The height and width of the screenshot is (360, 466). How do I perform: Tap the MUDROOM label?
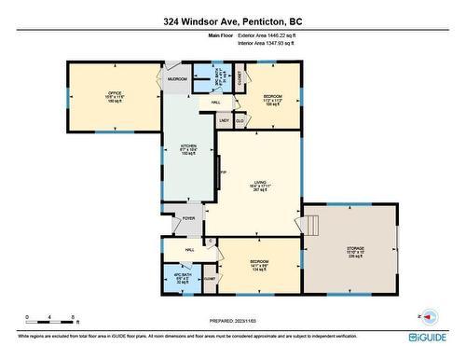(x=177, y=79)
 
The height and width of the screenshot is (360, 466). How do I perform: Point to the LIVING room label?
(x=262, y=184)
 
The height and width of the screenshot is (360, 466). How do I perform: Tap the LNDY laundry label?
(x=225, y=119)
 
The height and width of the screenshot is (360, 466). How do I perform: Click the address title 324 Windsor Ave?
(x=233, y=20)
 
